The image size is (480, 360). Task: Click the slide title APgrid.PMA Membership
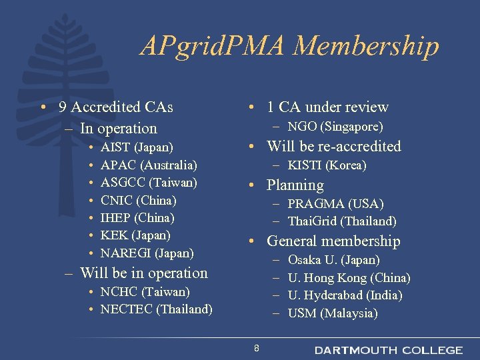(x=290, y=47)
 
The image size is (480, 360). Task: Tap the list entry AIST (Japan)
(x=137, y=147)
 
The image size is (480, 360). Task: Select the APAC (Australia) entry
(x=149, y=164)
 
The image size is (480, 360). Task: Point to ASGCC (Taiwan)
(x=149, y=182)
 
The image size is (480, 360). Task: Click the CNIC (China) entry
(x=138, y=200)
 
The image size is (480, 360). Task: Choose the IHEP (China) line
(x=137, y=217)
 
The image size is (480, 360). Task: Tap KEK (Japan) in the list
(x=135, y=235)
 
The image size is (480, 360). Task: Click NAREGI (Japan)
(x=147, y=253)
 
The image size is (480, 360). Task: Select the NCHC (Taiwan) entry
(x=145, y=292)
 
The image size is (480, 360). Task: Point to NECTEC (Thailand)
(x=156, y=309)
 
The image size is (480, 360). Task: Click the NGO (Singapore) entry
(x=335, y=127)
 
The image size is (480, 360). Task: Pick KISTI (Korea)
(x=327, y=165)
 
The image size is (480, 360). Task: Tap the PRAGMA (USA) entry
(x=335, y=203)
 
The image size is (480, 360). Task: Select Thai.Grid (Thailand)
(x=342, y=221)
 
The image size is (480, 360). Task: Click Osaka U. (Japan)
(x=333, y=260)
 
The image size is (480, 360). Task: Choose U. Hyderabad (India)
(x=345, y=295)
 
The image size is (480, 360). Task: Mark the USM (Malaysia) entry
(x=332, y=313)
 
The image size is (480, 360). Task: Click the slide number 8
(x=257, y=349)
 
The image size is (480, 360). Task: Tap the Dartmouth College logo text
(x=388, y=350)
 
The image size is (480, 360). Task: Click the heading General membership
(x=333, y=241)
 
